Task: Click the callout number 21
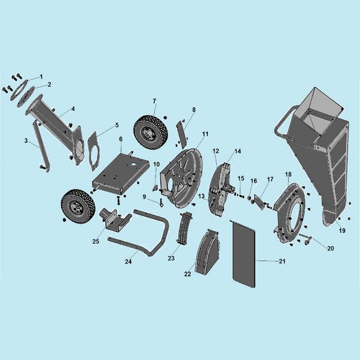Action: (282, 261)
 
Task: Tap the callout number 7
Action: (154, 101)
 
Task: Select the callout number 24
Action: (128, 262)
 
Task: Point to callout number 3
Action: (26, 141)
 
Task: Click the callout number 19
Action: (342, 230)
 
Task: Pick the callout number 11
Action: (205, 134)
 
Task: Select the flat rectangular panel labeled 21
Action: (243, 254)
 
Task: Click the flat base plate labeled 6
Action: (121, 173)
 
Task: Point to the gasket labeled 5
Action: (94, 151)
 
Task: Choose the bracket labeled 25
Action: (113, 219)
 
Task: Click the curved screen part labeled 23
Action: (184, 227)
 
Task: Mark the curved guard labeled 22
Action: (207, 252)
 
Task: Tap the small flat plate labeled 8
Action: (181, 134)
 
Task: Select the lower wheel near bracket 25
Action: (77, 206)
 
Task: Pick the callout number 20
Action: (330, 248)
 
